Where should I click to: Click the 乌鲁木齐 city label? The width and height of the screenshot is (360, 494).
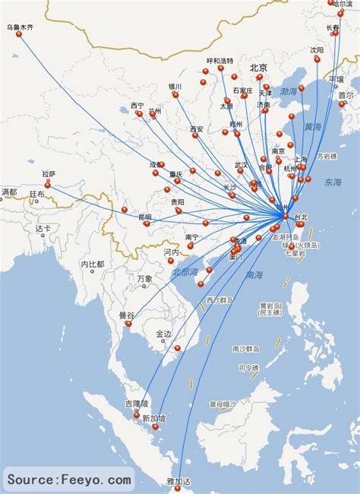click(21, 27)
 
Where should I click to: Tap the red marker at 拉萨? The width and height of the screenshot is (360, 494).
click(47, 184)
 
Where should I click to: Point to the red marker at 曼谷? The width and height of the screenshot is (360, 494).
click(128, 324)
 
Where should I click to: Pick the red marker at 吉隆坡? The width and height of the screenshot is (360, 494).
click(137, 415)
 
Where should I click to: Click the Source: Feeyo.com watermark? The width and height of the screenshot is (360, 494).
click(69, 480)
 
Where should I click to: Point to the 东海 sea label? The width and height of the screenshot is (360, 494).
click(333, 182)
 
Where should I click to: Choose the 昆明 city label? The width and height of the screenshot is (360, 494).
click(144, 217)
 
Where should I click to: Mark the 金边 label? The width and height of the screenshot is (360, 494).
click(165, 334)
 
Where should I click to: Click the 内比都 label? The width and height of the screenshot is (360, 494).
click(93, 264)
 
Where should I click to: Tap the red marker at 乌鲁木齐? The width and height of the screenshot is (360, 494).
click(19, 34)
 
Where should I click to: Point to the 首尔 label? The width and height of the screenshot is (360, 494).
click(346, 96)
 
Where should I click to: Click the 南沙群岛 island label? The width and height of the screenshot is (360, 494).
click(248, 349)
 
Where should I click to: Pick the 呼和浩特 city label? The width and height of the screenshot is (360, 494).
click(220, 61)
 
